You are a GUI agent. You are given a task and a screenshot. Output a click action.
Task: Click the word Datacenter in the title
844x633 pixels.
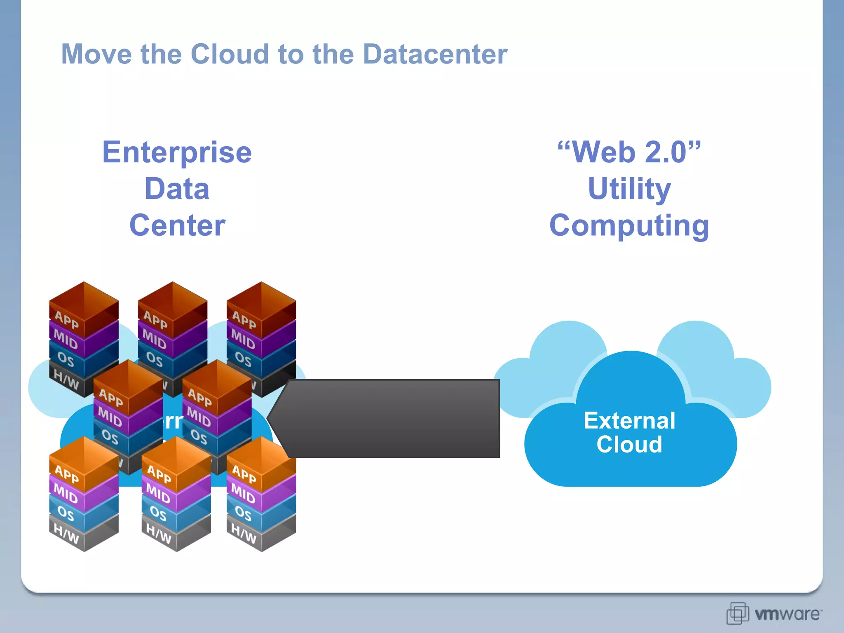(435, 54)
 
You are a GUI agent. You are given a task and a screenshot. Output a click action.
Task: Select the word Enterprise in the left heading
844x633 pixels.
(177, 152)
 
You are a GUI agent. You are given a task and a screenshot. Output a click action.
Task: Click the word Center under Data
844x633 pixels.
(177, 225)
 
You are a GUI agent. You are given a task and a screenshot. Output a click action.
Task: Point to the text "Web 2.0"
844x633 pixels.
(629, 152)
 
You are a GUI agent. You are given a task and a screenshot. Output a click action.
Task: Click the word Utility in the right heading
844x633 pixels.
(629, 189)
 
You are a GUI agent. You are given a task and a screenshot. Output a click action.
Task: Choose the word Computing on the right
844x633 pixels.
(629, 226)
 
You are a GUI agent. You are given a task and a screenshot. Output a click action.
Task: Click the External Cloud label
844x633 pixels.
(629, 432)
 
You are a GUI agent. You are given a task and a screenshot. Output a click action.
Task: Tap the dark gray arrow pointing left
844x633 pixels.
(387, 418)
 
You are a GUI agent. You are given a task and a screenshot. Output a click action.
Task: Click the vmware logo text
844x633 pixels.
(787, 614)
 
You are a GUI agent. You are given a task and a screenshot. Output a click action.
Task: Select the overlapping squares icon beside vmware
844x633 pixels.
(737, 613)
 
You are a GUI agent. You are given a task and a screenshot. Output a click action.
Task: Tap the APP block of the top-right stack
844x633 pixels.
(244, 319)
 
